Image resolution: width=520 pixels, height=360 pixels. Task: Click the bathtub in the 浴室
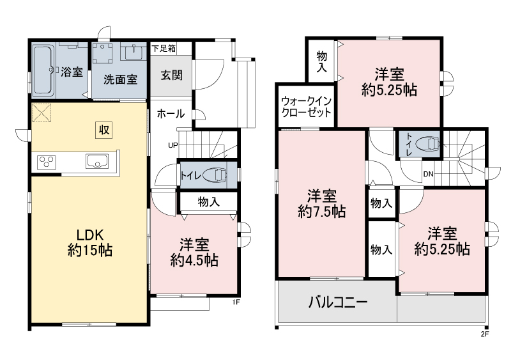(43, 70)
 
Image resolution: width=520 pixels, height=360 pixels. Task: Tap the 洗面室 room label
(120, 80)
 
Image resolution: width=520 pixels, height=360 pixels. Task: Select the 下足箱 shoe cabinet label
(164, 49)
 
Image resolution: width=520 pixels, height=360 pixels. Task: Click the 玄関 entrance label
(171, 75)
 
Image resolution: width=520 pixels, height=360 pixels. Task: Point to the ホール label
(171, 114)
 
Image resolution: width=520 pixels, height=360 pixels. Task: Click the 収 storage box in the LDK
(104, 130)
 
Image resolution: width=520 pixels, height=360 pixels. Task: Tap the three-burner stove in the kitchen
(46, 162)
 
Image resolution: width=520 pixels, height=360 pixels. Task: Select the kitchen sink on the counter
(97, 161)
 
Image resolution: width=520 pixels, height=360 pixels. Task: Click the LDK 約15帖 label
(90, 242)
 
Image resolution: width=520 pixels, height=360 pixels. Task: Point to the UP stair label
(172, 145)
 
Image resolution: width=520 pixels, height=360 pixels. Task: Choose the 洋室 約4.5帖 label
(194, 253)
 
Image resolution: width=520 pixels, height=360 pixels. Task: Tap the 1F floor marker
(236, 302)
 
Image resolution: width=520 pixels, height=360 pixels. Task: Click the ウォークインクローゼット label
(306, 107)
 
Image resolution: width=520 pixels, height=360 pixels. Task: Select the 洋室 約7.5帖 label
(322, 203)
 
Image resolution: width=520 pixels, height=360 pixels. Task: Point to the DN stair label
(428, 174)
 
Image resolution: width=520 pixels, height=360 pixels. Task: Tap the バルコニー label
(338, 302)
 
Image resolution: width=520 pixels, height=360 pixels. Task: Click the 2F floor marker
(485, 334)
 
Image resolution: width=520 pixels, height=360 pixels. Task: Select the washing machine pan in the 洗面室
(102, 53)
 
